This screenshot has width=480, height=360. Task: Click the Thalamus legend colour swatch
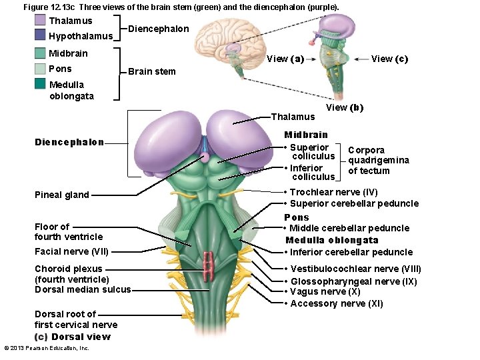click(x=40, y=21)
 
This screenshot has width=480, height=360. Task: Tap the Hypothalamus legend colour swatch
click(x=40, y=35)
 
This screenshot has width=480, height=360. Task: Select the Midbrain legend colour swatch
click(x=40, y=53)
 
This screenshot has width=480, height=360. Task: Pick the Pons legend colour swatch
click(x=40, y=69)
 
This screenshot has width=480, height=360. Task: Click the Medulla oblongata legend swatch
click(x=40, y=84)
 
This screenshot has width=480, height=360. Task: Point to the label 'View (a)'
click(x=285, y=59)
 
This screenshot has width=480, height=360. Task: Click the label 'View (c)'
click(x=389, y=59)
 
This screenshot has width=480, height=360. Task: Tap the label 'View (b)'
click(x=345, y=107)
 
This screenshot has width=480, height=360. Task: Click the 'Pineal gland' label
click(x=62, y=195)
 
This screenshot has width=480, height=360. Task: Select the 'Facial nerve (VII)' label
click(x=71, y=251)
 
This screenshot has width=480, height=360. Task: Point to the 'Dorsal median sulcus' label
click(x=83, y=289)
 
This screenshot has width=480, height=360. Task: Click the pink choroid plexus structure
click(x=209, y=265)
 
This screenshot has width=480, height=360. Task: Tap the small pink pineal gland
click(x=205, y=157)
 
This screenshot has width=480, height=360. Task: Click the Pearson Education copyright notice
click(x=47, y=348)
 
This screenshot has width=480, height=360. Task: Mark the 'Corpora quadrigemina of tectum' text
click(x=379, y=160)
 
